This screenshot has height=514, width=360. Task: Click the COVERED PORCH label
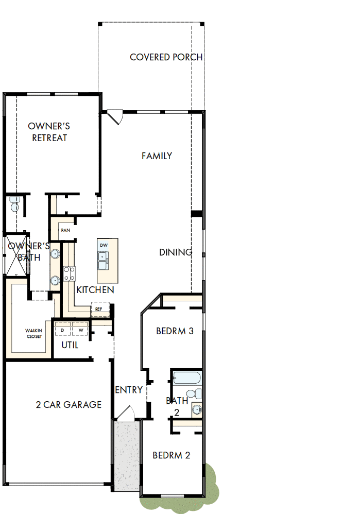point(166,57)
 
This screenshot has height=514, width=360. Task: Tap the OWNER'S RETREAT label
point(49,132)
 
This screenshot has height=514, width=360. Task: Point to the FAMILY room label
point(157,156)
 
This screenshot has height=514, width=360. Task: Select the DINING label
point(175,252)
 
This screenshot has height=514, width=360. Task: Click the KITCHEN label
point(95,290)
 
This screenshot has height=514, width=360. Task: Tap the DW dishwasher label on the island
point(104,245)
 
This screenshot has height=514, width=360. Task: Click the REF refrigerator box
point(99,309)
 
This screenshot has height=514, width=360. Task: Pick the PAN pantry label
point(65,230)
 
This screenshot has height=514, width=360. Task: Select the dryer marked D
point(62,330)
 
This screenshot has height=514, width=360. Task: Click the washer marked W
point(81,330)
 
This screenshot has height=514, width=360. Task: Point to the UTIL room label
point(70,345)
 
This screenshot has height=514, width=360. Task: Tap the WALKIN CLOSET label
point(34,333)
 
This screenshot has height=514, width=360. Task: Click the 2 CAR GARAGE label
point(68,405)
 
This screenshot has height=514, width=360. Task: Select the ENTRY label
point(129,390)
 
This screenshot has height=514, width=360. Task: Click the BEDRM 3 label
point(175,331)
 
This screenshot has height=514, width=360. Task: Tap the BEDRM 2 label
point(172,455)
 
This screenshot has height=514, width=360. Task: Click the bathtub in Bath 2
point(186,378)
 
